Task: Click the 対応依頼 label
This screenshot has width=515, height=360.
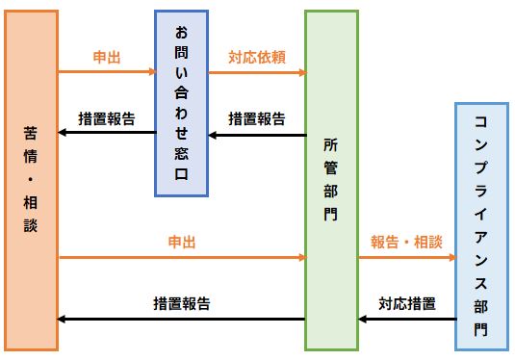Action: pyautogui.click(x=257, y=57)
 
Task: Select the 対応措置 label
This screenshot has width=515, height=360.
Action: pyautogui.click(x=405, y=303)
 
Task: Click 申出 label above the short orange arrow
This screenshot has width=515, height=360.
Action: pyautogui.click(x=106, y=57)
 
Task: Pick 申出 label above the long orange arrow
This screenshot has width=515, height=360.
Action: pyautogui.click(x=181, y=244)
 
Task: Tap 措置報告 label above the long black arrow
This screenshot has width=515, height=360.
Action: pyautogui.click(x=181, y=303)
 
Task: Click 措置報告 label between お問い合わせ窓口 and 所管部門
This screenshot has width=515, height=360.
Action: pyautogui.click(x=257, y=118)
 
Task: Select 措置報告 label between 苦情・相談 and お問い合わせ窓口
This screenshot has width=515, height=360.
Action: pyautogui.click(x=106, y=118)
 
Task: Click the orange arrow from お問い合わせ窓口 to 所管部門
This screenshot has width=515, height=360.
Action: pyautogui.click(x=257, y=72)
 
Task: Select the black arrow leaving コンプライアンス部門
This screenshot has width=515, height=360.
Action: pyautogui.click(x=405, y=319)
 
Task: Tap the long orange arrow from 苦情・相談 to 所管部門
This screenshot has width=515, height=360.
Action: pyautogui.click(x=181, y=258)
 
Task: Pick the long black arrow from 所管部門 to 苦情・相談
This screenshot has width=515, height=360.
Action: pyautogui.click(x=181, y=319)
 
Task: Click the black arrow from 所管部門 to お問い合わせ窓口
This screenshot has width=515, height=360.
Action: pyautogui.click(x=257, y=135)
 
